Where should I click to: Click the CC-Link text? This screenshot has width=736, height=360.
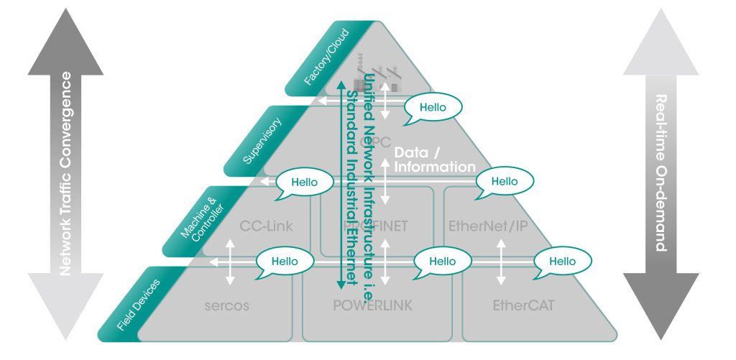point(265,226)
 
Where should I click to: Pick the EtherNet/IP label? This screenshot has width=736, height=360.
point(488,226)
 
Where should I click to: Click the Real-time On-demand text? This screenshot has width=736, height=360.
point(662,172)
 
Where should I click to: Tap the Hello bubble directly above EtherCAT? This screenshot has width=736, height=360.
point(563,262)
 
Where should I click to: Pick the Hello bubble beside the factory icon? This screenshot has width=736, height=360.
point(433,108)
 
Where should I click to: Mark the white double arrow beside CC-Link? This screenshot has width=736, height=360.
point(230,262)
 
